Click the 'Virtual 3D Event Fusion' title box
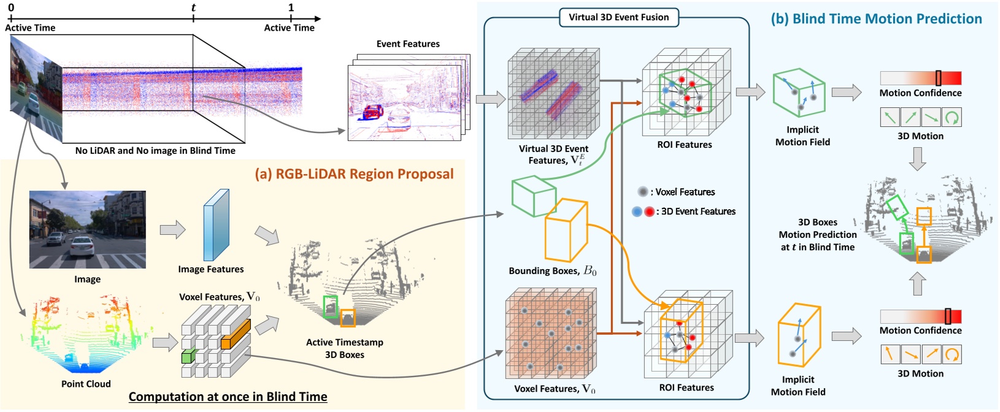point(618,17)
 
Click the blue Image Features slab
point(216,225)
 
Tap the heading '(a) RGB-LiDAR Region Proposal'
point(354,174)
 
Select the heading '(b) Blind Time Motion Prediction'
point(875,19)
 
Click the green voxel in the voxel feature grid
point(188,356)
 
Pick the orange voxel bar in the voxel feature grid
point(236,335)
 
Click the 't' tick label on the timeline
point(193,8)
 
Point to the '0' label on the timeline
point(11,8)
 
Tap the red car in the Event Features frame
point(373,112)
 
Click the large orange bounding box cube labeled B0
point(566,229)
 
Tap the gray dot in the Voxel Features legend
point(642,192)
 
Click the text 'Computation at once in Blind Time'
point(228,397)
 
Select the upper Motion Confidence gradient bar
point(920,78)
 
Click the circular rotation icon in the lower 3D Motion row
point(952,354)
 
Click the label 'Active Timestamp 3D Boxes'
point(344,348)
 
